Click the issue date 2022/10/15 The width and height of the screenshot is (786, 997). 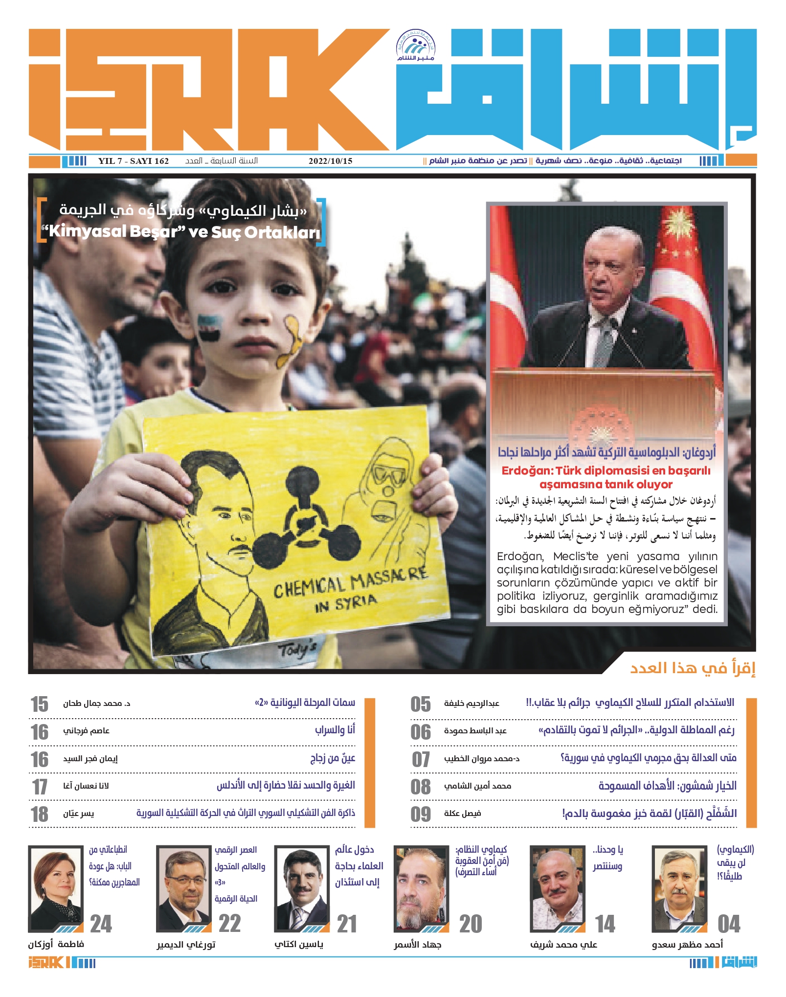[330, 161]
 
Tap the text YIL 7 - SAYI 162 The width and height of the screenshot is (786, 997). [133, 161]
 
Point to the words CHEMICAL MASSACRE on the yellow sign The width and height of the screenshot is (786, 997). [350, 582]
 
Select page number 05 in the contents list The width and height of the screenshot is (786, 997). [421, 704]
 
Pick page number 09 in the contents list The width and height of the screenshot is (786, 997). [421, 814]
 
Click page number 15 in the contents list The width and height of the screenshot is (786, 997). [40, 704]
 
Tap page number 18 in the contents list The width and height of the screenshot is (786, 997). [40, 814]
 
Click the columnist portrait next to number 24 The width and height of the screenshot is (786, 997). [56, 888]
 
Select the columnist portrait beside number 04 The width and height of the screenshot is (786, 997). [679, 888]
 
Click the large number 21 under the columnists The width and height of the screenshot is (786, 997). [347, 924]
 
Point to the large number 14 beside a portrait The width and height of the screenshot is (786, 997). [605, 924]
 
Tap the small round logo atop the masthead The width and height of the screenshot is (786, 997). [415, 45]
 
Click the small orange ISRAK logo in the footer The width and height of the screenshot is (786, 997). [46, 963]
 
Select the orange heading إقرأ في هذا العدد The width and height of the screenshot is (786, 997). [693, 668]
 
